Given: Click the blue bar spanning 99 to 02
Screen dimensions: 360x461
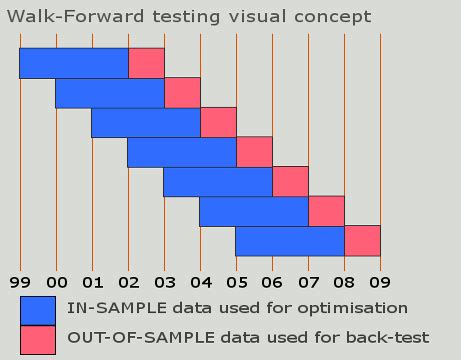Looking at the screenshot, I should tap(74, 63).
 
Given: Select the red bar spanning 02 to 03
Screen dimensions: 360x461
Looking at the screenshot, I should tap(146, 63).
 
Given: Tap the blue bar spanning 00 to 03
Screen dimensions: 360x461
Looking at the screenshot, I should tap(110, 93).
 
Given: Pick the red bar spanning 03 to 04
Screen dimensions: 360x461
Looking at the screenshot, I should tap(182, 93).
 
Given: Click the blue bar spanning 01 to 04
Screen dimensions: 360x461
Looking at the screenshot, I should tap(146, 122).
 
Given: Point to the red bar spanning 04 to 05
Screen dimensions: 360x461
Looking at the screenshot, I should tap(218, 122).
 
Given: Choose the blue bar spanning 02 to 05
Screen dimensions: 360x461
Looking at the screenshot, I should tap(182, 152).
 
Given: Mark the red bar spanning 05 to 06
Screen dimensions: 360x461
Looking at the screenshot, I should tap(254, 152).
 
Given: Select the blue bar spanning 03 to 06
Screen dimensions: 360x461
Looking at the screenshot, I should tap(218, 182).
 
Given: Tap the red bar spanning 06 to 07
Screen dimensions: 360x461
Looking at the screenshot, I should tap(290, 182).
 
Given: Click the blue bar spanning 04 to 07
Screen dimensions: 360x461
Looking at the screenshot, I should tap(254, 212).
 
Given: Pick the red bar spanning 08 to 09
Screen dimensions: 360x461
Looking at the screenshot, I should tap(362, 241).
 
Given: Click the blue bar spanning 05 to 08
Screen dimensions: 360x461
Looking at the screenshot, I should tap(290, 241).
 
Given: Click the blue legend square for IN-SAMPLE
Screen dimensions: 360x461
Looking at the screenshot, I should tap(37, 309).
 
